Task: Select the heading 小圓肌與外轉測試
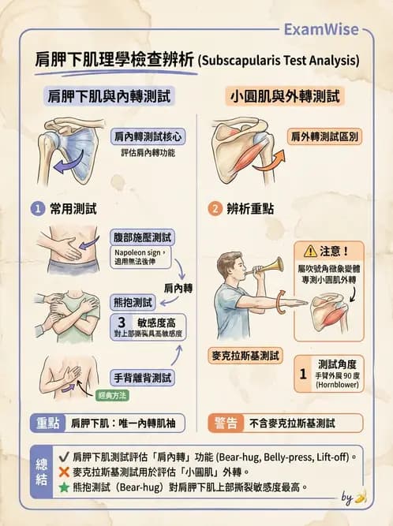tap(285, 96)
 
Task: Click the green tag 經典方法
tap(112, 394)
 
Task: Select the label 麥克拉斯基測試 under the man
tap(245, 356)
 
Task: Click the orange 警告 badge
tap(225, 423)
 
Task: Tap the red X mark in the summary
tap(63, 472)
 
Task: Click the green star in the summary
tap(63, 487)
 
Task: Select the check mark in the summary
tap(63, 456)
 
